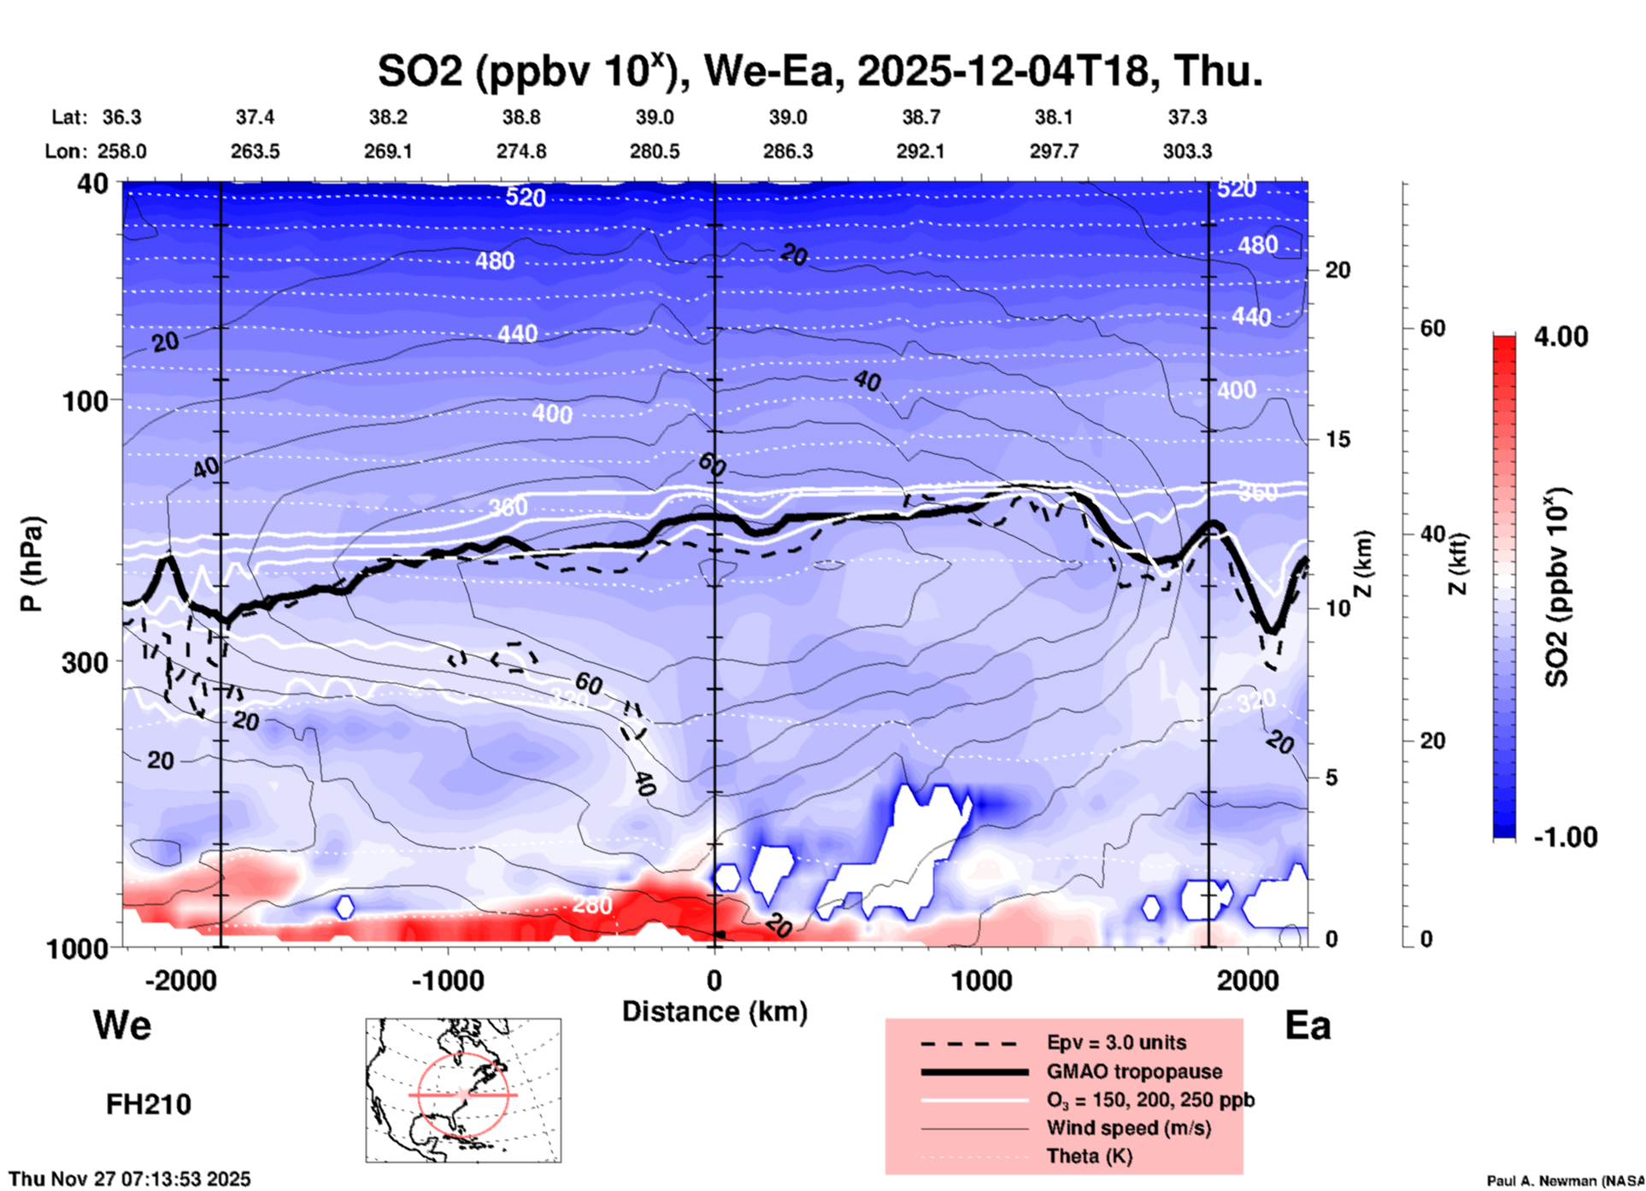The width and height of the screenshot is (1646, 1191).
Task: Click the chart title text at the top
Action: coord(820,71)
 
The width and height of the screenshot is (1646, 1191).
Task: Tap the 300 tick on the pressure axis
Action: coord(85,662)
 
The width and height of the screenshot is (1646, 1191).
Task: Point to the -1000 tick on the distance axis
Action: coord(447,980)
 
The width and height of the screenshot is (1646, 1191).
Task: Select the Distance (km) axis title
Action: coord(714,1012)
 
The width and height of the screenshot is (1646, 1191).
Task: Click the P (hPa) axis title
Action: coord(31,564)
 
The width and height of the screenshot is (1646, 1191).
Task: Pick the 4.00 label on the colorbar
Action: coord(1561,337)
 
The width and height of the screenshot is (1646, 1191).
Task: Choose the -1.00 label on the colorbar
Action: coord(1565,837)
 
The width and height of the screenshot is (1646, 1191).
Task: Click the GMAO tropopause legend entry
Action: coord(1134,1071)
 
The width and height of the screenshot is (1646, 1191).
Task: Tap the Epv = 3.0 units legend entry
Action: coord(1116,1042)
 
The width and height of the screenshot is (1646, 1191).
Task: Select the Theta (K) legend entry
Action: coord(1090,1156)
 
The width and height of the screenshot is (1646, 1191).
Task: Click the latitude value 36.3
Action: coord(122,117)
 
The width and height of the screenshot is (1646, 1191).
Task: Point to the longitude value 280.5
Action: coord(655,151)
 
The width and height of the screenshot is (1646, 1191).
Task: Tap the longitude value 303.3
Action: coord(1187,151)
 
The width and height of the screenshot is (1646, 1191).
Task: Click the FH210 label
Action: coord(149,1105)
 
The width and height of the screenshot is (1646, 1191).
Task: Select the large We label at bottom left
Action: coord(122,1024)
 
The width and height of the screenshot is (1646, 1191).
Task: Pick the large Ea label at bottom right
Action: coord(1308,1025)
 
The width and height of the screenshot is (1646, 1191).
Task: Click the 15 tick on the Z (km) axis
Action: coord(1337,439)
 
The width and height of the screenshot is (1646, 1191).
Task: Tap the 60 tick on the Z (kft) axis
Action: coord(1432,328)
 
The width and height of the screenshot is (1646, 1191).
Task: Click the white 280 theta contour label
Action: coord(591,905)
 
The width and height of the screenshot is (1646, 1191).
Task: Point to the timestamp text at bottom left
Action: coord(130,1179)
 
